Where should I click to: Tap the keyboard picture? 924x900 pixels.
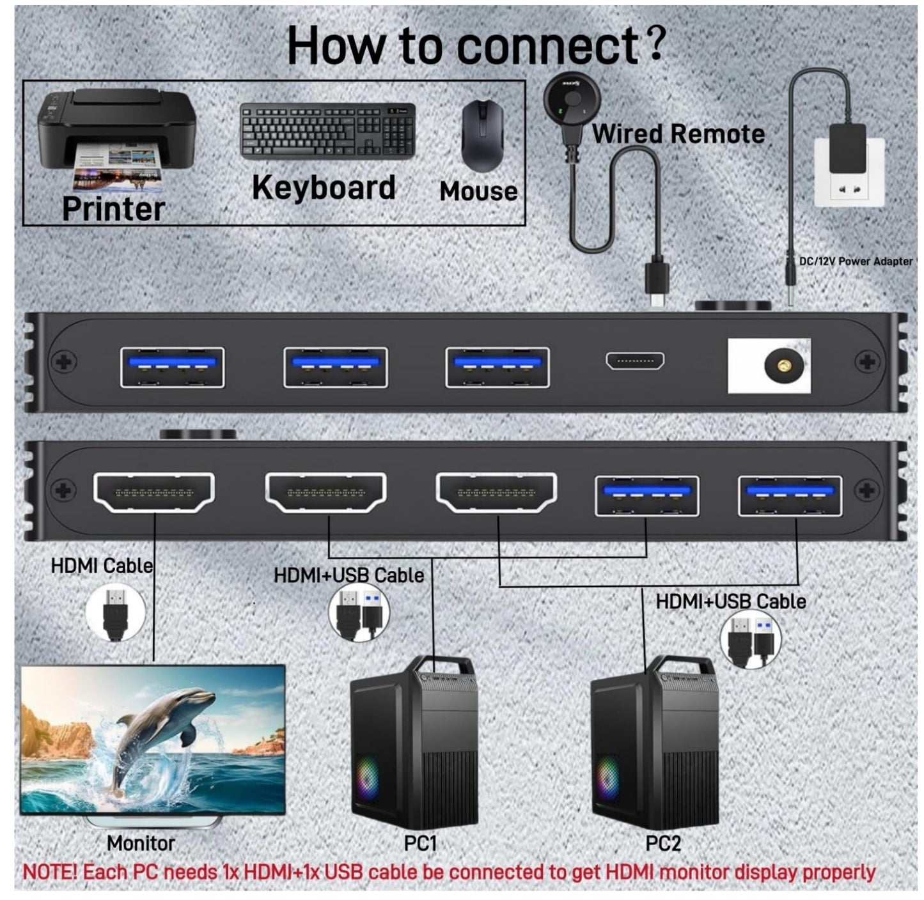[x=327, y=131]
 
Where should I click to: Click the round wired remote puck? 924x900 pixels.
[x=572, y=99]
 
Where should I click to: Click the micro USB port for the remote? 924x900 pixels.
[x=634, y=361]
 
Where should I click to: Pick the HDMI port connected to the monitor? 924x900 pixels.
[x=154, y=492]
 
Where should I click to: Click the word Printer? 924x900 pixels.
[x=113, y=209]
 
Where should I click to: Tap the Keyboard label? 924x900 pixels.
[x=324, y=188]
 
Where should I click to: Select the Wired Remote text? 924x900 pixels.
[x=678, y=134]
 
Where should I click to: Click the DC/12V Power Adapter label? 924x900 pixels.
[x=856, y=261]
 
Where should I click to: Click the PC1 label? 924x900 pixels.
[x=420, y=844]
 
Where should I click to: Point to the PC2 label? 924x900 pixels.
[x=663, y=844]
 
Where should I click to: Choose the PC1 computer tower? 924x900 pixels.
[x=414, y=741]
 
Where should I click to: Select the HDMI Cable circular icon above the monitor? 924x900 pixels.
[x=115, y=614]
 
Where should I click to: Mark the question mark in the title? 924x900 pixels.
[x=657, y=43]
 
